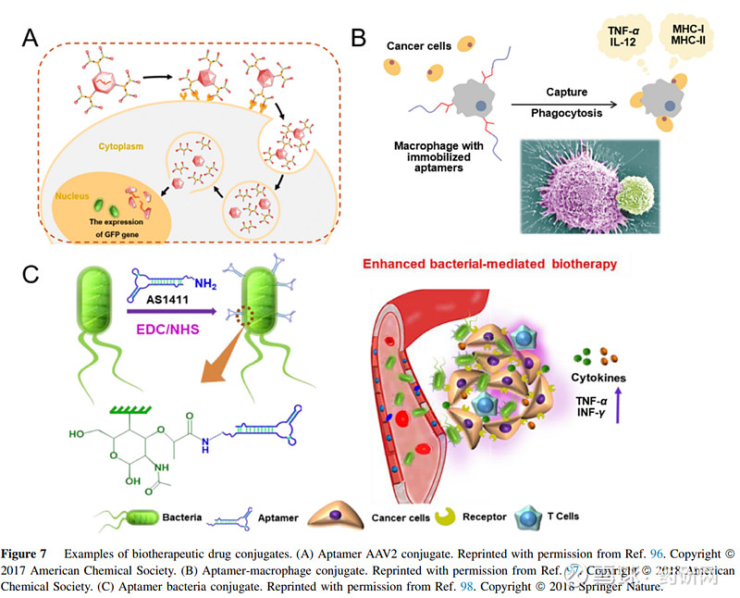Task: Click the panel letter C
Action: (x=31, y=275)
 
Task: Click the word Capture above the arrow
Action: (x=567, y=92)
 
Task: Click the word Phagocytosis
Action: (x=567, y=113)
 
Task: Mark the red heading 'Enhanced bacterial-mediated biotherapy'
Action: (x=489, y=264)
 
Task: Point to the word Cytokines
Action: (x=599, y=378)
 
